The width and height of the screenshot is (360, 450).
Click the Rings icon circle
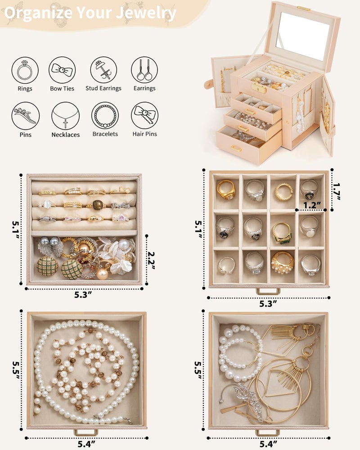pyautogui.click(x=25, y=70)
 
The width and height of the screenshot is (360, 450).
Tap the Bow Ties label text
pyautogui.click(x=62, y=88)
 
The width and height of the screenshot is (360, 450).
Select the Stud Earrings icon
pyautogui.click(x=103, y=70)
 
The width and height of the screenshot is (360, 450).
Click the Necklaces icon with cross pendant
pyautogui.click(x=65, y=116)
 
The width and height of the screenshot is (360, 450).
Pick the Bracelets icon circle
pyautogui.click(x=105, y=115)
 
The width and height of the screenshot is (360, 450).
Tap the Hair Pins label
pyautogui.click(x=145, y=134)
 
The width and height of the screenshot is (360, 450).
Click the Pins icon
pyautogui.click(x=26, y=116)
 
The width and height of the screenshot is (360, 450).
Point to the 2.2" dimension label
pyautogui.click(x=151, y=260)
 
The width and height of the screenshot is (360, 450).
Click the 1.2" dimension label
pyautogui.click(x=312, y=205)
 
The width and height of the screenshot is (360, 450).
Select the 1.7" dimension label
pyautogui.click(x=337, y=191)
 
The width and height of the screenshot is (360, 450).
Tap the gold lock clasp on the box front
pyautogui.click(x=259, y=88)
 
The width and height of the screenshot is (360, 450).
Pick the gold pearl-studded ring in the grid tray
pyautogui.click(x=283, y=263)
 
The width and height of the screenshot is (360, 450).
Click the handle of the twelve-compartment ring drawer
pyautogui.click(x=268, y=292)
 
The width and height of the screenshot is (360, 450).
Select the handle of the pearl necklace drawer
pyautogui.click(x=86, y=432)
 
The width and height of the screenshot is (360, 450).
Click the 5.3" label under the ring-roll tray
pyautogui.click(x=83, y=294)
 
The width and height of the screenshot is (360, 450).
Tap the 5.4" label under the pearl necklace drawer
pyautogui.click(x=86, y=444)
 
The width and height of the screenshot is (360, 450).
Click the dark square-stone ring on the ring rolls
pyautogui.click(x=98, y=205)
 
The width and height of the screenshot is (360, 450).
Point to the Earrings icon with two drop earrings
pyautogui.click(x=144, y=70)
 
